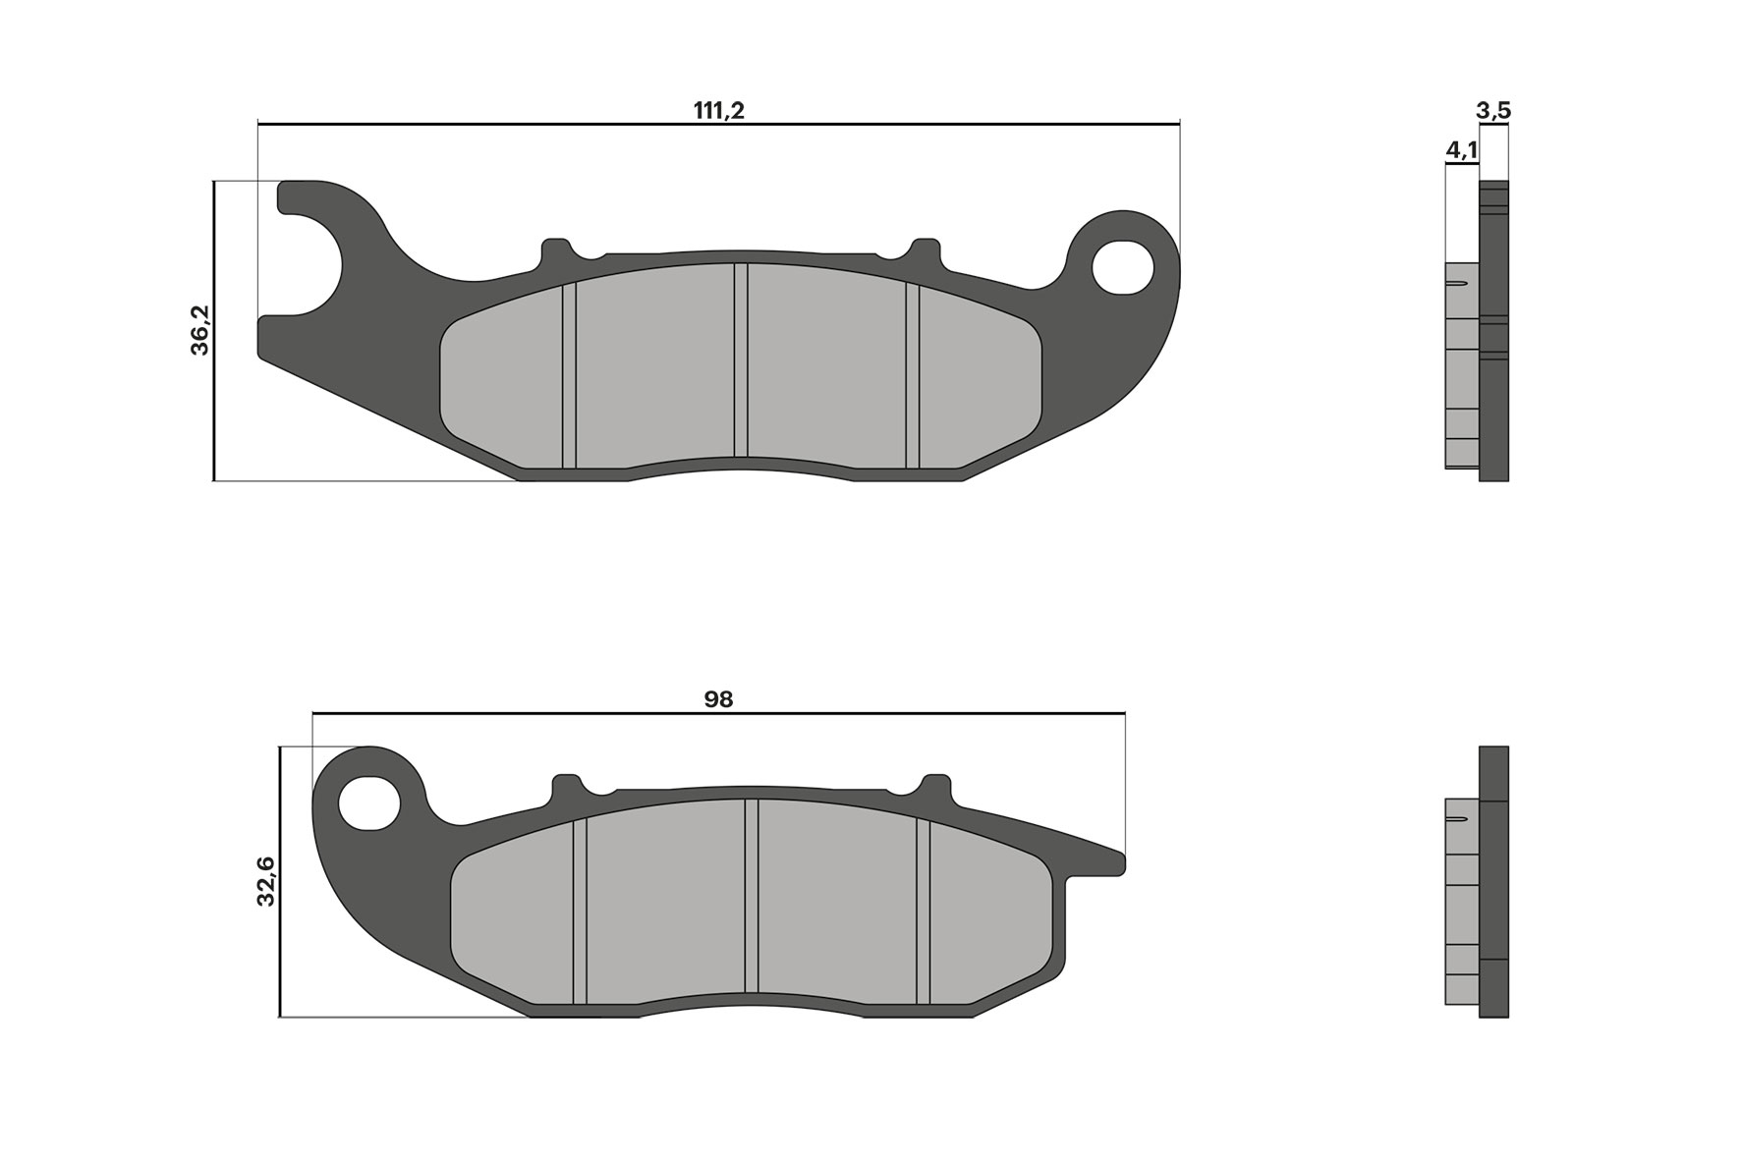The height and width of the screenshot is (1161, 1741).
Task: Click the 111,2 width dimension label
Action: tap(719, 110)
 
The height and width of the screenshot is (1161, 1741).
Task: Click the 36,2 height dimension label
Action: tap(200, 330)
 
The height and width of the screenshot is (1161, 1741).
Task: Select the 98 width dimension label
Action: tap(718, 699)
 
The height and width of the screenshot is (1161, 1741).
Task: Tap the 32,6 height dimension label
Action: tap(266, 880)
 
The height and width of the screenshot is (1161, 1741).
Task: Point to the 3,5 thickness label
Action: tap(1492, 111)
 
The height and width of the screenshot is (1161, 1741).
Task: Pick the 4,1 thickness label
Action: tap(1461, 150)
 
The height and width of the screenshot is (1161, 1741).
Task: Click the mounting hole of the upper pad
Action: tap(1123, 266)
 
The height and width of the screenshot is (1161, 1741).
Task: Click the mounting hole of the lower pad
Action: tap(369, 802)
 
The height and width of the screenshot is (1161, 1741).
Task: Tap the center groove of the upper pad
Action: tap(741, 360)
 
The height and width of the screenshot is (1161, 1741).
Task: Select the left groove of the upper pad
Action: tap(569, 376)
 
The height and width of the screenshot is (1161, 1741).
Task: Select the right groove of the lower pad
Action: tap(924, 912)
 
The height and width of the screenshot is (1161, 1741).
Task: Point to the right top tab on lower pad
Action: tap(936, 788)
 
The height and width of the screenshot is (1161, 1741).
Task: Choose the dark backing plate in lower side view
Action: tap(1493, 884)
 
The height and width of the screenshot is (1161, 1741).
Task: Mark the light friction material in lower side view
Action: tap(1462, 913)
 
